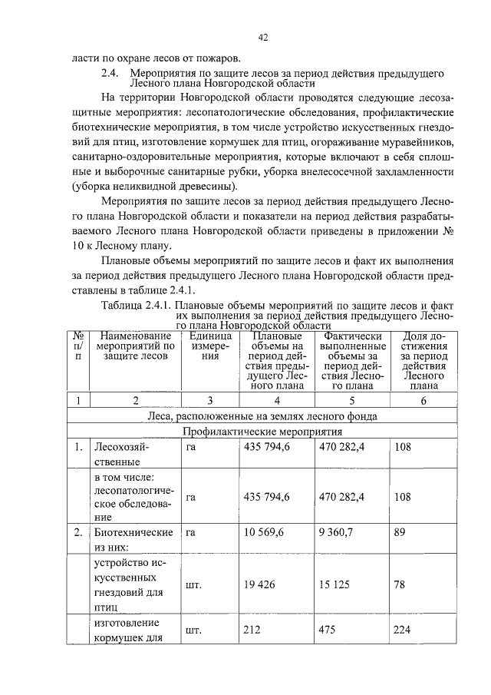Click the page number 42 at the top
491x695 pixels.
click(x=262, y=37)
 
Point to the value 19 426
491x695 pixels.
click(x=260, y=584)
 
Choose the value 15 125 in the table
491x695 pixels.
click(x=334, y=584)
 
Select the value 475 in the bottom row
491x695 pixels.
click(x=328, y=630)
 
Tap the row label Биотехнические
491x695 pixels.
click(x=127, y=531)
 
